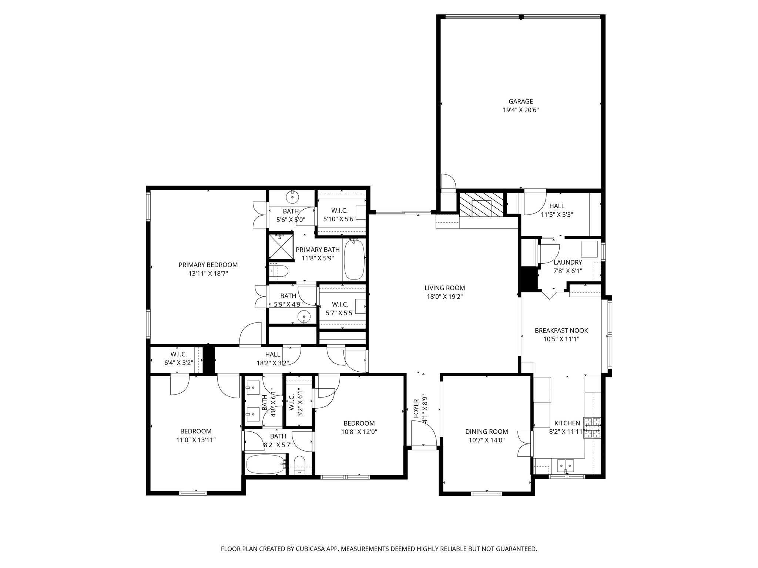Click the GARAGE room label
[x=520, y=101]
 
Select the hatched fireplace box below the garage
[x=481, y=204]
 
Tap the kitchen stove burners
[x=592, y=428]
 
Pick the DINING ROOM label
[x=486, y=432]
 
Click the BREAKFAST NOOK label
[x=561, y=331]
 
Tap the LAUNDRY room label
[x=567, y=263]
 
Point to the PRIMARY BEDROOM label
[x=208, y=265]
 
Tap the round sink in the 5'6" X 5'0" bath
[x=292, y=197]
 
